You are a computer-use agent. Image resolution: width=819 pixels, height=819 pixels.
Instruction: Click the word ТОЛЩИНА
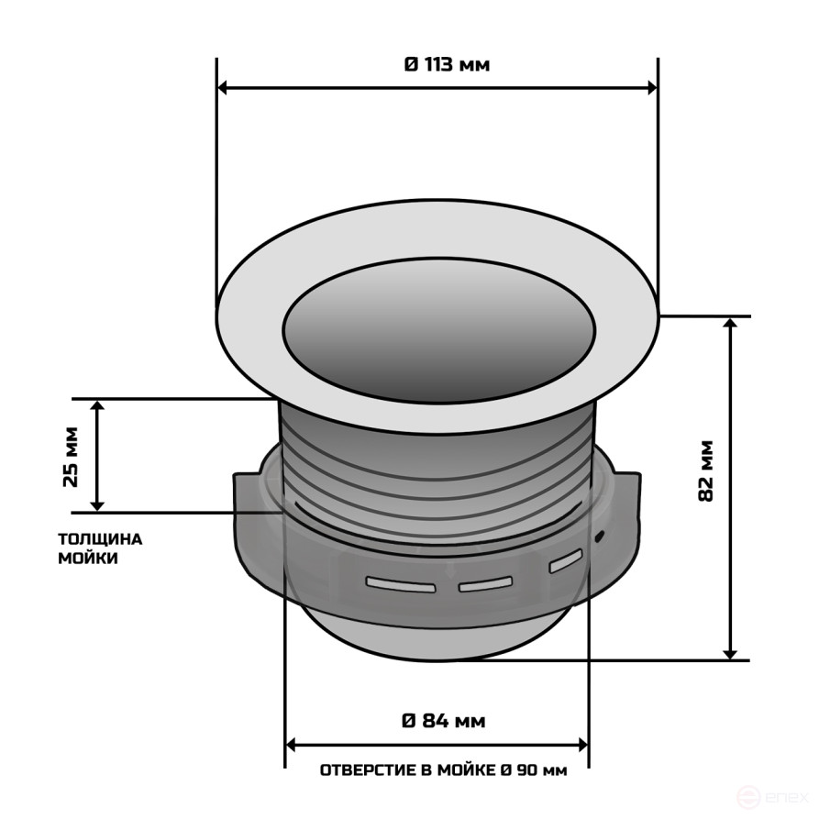(x=100, y=539)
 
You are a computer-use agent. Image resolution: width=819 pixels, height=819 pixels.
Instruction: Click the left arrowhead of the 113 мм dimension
(x=223, y=88)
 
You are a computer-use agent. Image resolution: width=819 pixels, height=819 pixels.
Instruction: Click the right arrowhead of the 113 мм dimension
(x=652, y=88)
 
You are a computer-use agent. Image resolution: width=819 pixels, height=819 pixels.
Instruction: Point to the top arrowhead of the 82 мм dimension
(x=731, y=324)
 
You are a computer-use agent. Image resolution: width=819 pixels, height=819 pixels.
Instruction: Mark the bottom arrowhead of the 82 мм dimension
(x=731, y=653)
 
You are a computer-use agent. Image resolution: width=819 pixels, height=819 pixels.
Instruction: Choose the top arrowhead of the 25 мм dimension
(x=98, y=405)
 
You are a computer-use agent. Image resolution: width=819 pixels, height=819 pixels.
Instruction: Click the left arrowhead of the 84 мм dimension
(x=293, y=743)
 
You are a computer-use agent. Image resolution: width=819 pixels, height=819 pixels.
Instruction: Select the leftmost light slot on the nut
(x=400, y=583)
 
